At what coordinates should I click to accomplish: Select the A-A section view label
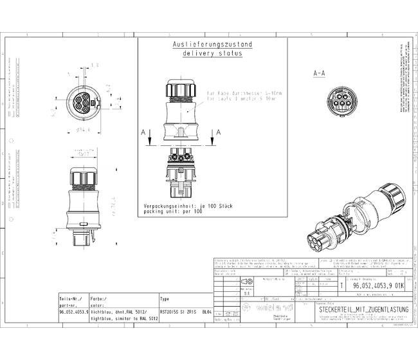tap(319, 74)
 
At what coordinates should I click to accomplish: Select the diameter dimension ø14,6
tap(82, 130)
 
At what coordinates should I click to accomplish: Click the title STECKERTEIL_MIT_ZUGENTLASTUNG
tap(361, 310)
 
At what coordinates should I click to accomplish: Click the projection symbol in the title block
tap(246, 281)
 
